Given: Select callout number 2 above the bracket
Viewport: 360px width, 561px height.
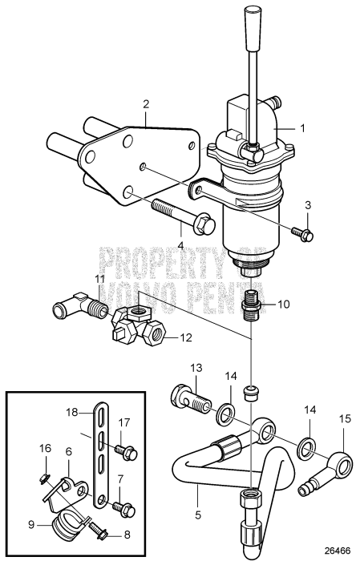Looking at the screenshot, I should [x=146, y=103].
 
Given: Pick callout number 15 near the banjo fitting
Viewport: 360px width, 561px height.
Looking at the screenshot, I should [x=346, y=440].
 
